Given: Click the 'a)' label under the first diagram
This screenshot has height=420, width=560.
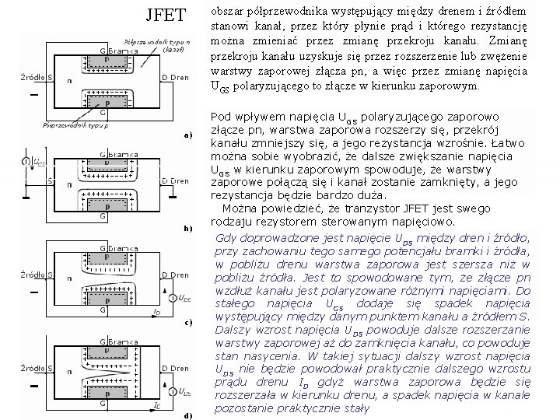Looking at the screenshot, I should pyautogui.click(x=187, y=135).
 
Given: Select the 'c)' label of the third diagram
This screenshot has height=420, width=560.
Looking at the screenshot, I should pyautogui.click(x=187, y=322).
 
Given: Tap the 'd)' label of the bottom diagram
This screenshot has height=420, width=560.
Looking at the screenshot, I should pyautogui.click(x=187, y=415).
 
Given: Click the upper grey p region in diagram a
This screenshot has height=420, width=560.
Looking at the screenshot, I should pyautogui.click(x=107, y=59).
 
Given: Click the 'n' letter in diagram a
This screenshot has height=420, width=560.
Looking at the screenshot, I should pyautogui.click(x=71, y=80).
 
